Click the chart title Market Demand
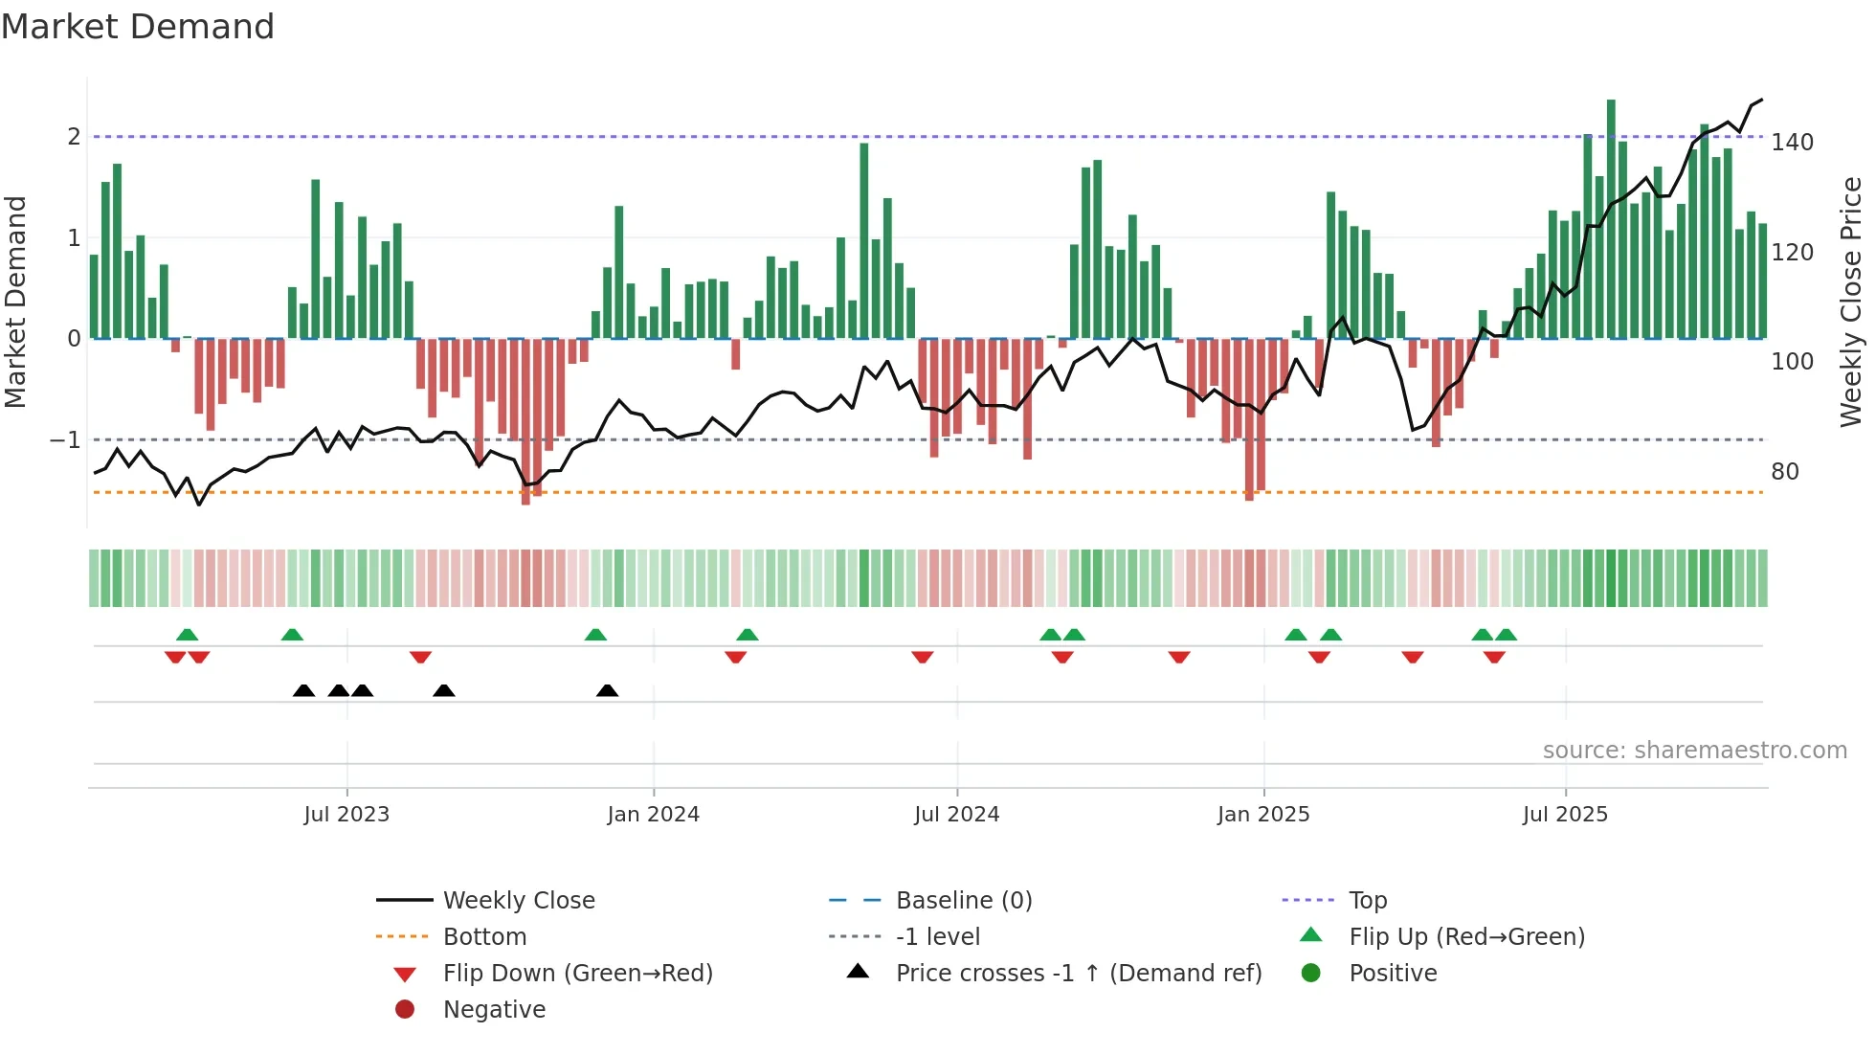pos(138,27)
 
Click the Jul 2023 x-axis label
pos(346,815)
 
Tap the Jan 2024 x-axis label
pos(653,815)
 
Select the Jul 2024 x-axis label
pos(956,815)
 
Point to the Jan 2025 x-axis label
pos(1263,815)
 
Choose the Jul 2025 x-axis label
pos(1565,815)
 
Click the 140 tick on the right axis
pos(1792,143)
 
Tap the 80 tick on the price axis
pos(1785,472)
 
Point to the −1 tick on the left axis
pos(65,440)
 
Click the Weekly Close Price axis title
pos(1851,302)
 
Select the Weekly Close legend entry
pos(518,901)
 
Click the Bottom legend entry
pos(484,937)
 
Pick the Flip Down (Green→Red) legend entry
pos(577,974)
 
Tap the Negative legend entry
pos(494,1010)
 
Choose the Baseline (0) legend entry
pos(963,901)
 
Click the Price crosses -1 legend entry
pos(1078,974)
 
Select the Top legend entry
pos(1367,901)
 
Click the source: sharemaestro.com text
pos(1694,751)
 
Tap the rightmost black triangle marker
pos(607,690)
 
